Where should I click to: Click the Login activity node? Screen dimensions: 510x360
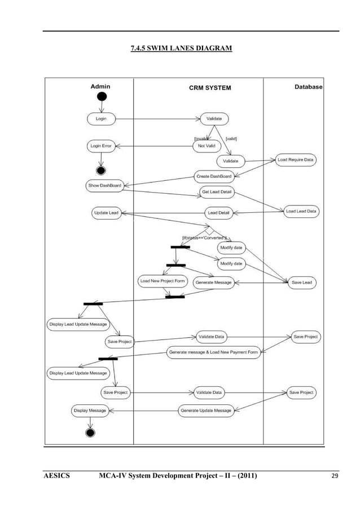click(x=101, y=119)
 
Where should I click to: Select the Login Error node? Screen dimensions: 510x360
click(x=101, y=146)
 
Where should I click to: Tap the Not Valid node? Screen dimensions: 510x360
click(x=207, y=146)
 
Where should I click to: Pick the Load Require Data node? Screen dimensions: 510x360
click(x=296, y=160)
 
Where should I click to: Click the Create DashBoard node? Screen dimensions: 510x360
click(x=213, y=176)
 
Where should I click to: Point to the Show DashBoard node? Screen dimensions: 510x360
click(x=104, y=185)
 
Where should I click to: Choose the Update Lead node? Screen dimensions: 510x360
click(x=106, y=213)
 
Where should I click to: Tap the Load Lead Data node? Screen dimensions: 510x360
click(x=301, y=211)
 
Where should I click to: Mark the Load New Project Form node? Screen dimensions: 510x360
click(x=163, y=281)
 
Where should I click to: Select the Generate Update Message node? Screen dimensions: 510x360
click(x=206, y=411)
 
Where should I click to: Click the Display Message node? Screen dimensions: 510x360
click(x=90, y=411)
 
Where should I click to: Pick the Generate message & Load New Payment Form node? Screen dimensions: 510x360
click(x=213, y=352)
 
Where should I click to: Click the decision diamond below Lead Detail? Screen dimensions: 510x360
click(x=209, y=230)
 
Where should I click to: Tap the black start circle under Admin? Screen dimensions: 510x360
click(x=102, y=97)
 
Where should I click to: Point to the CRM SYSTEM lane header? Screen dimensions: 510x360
click(x=209, y=88)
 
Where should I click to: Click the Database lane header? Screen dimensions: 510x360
click(x=308, y=87)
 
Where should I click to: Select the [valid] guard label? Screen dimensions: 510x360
click(x=231, y=138)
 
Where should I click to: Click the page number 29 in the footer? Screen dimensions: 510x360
click(x=335, y=477)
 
